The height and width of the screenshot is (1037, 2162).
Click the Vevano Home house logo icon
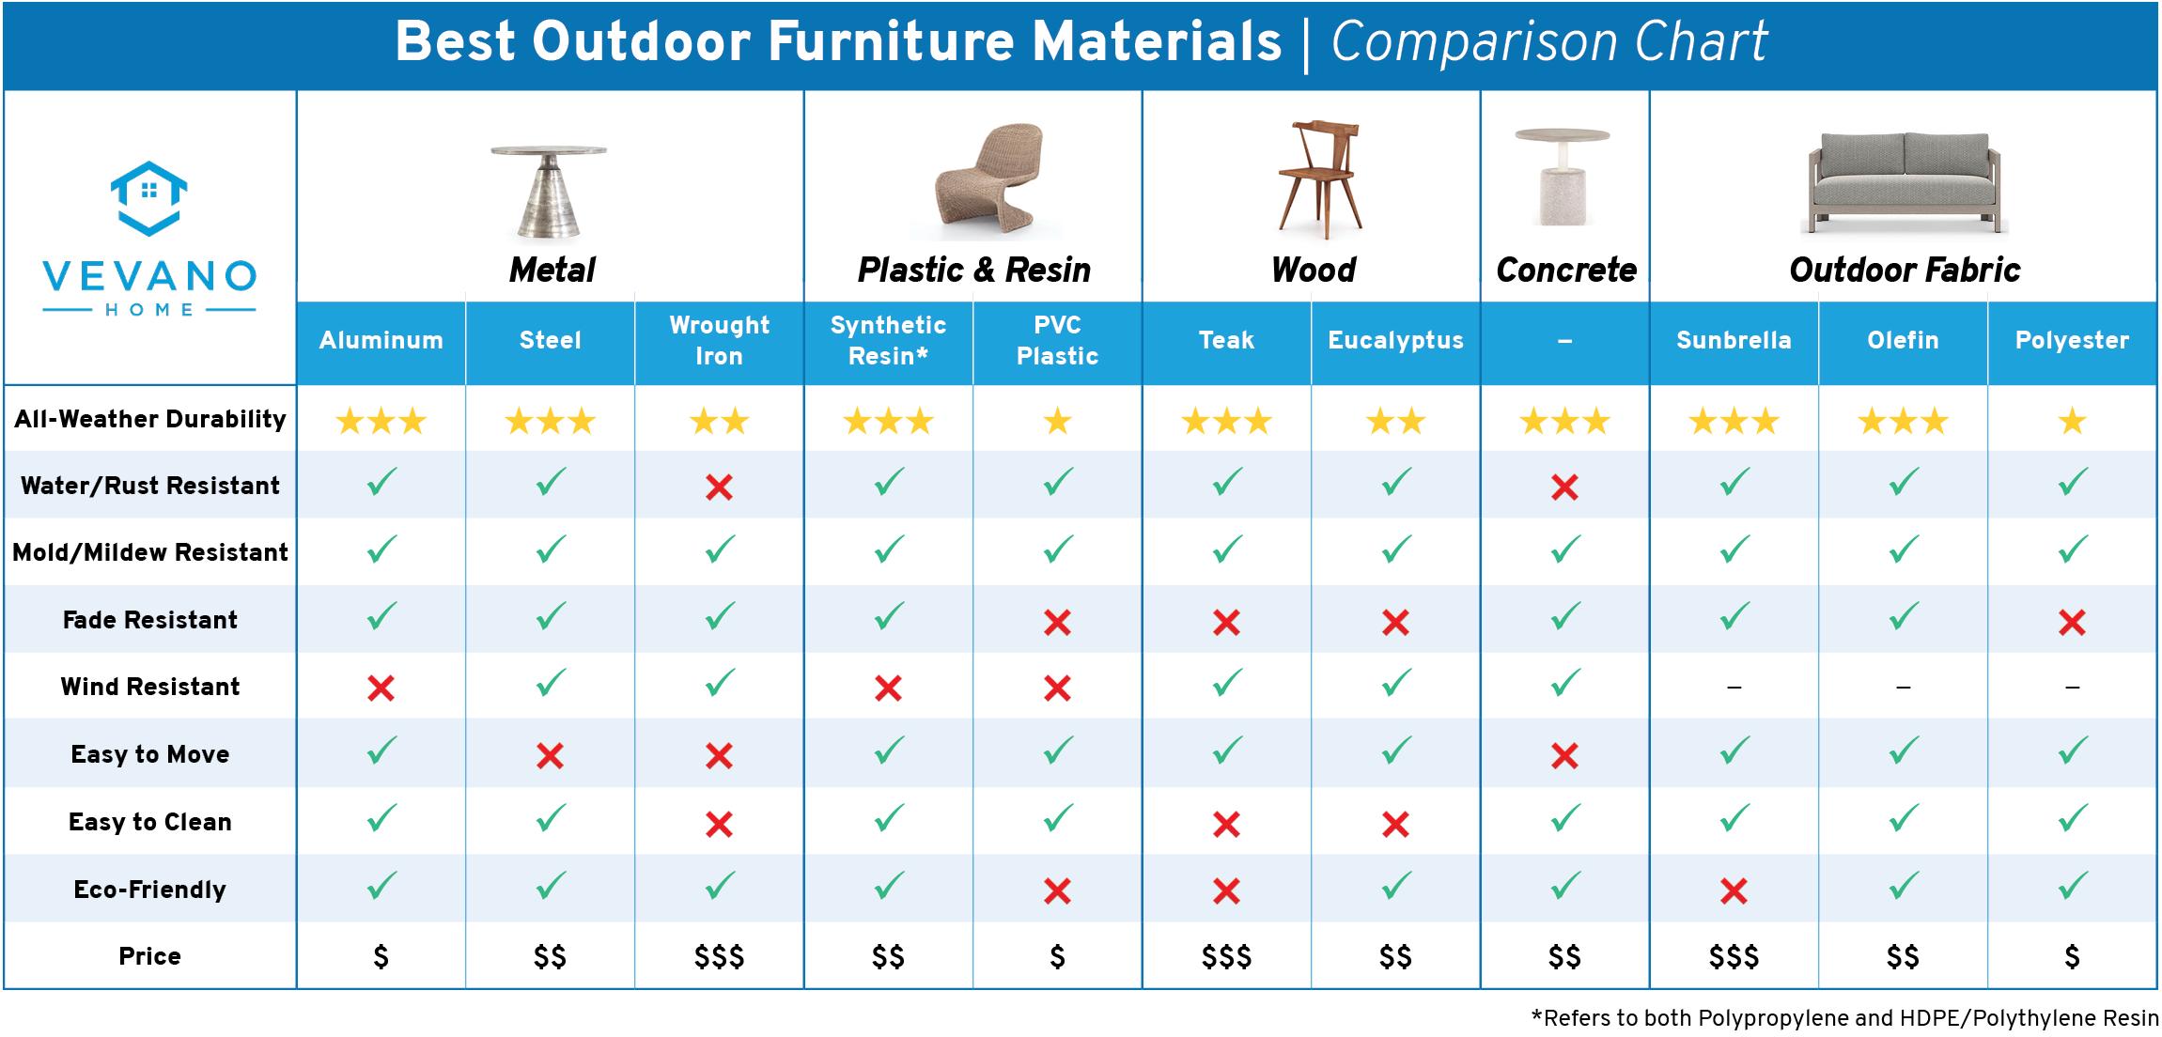tap(149, 198)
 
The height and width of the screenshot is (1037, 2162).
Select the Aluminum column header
tap(381, 340)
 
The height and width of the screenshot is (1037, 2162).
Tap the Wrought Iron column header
tap(719, 340)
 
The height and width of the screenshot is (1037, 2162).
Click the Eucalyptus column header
tap(1395, 340)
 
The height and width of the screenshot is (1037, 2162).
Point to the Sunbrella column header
tap(1734, 340)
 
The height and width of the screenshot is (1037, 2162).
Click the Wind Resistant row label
tap(150, 687)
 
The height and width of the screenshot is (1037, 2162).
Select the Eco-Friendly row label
tap(150, 890)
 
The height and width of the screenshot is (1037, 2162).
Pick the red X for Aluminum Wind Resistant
tap(381, 689)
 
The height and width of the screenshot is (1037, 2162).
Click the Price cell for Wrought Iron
tap(719, 957)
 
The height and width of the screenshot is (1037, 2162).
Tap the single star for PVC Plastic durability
tap(1057, 421)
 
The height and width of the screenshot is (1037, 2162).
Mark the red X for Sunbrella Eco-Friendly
tap(1734, 890)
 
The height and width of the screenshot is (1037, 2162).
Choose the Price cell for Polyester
tap(2072, 957)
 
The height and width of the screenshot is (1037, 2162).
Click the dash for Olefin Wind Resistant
tap(1903, 688)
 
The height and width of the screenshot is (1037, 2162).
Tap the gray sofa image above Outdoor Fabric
tap(1905, 183)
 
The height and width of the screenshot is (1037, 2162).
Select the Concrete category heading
tap(1565, 271)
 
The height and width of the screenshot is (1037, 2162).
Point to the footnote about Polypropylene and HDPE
tap(1844, 1018)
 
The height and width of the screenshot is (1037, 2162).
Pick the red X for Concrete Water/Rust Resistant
tap(1564, 487)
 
